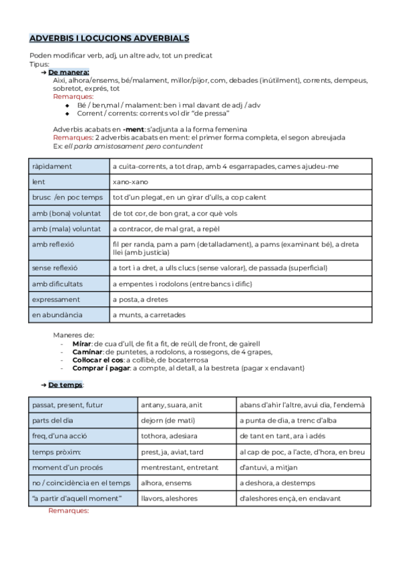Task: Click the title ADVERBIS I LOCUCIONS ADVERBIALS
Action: click(x=110, y=39)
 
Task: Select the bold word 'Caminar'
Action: click(x=87, y=351)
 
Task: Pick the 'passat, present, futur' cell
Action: click(x=83, y=404)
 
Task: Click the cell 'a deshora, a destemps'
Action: click(x=303, y=483)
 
